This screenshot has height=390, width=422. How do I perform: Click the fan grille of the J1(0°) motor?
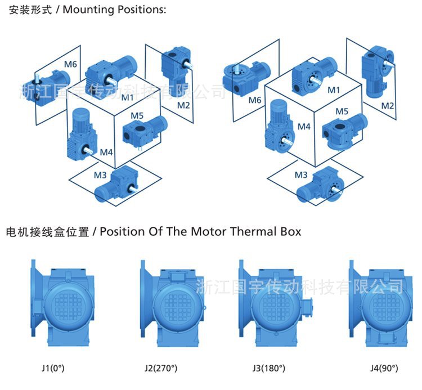[65, 302]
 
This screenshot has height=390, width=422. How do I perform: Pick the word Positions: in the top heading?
[141, 11]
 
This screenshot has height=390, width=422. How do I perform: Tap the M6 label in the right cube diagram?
[255, 100]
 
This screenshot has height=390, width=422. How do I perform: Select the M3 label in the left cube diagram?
[100, 174]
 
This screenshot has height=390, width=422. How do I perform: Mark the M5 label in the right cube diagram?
[342, 111]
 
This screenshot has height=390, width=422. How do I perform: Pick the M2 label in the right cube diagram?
[388, 105]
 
